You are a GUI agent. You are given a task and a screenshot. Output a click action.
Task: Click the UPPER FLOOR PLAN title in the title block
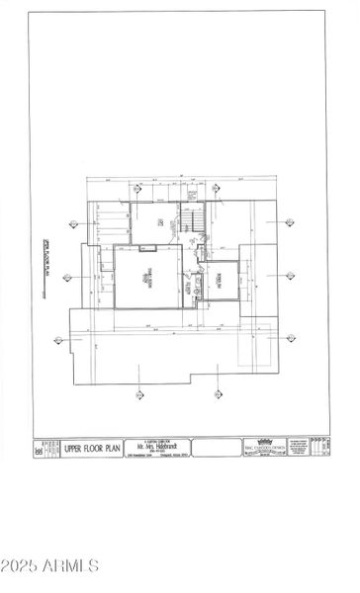[x=93, y=449]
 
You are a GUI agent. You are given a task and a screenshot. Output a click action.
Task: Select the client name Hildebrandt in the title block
[x=159, y=448]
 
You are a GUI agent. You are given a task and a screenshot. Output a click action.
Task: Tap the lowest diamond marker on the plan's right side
[x=290, y=338]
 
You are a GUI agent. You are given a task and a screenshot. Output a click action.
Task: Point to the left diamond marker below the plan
[x=137, y=395]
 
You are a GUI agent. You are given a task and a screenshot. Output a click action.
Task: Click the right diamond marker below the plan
[x=217, y=395]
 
